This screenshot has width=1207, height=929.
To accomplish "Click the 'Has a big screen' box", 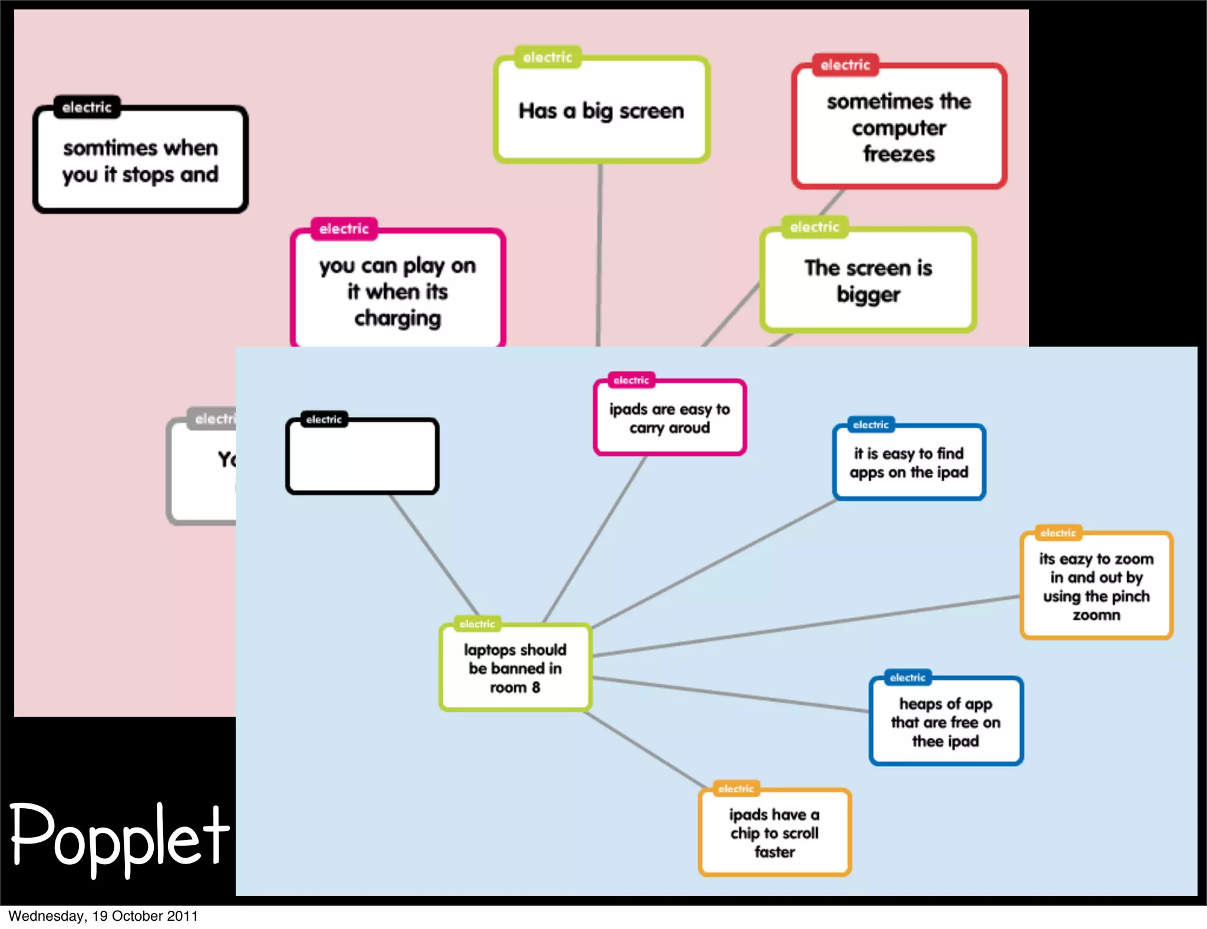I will [x=601, y=110].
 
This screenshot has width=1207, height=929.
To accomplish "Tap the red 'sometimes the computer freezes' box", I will [x=899, y=127].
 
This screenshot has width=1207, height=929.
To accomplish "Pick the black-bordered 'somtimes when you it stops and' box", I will [x=140, y=160].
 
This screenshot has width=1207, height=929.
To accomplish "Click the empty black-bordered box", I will [x=362, y=456].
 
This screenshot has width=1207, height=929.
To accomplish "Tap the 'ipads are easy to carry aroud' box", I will [x=670, y=418].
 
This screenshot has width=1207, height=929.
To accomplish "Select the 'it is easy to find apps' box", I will [x=909, y=463].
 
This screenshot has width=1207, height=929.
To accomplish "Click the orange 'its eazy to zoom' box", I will [x=1096, y=586].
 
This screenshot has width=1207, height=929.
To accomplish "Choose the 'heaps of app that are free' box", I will [x=946, y=722].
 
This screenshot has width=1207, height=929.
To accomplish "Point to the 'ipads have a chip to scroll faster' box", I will [x=774, y=833].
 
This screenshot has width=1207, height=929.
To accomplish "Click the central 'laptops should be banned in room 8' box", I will [x=515, y=668].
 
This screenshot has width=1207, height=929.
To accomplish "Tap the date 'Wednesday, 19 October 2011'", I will [x=103, y=916].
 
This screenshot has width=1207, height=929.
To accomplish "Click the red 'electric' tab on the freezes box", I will [x=845, y=65].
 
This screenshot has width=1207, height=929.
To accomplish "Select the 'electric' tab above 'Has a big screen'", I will [x=548, y=57].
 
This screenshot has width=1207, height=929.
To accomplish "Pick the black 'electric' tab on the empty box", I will [x=324, y=420].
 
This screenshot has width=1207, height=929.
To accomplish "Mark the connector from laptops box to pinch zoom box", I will [x=807, y=626].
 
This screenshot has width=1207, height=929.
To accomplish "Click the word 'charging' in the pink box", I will [x=398, y=318].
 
